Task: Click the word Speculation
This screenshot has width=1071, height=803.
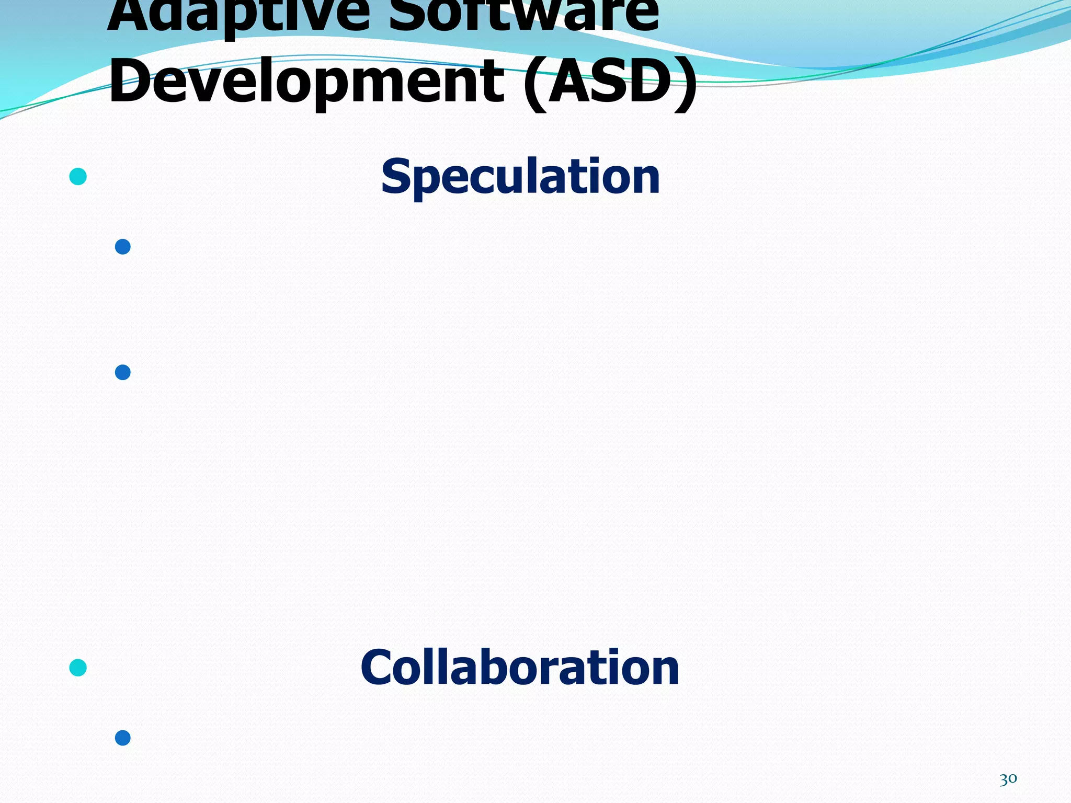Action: [x=520, y=177]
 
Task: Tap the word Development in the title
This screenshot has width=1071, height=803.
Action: [x=306, y=81]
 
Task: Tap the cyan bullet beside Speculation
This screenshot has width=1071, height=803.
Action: [x=78, y=177]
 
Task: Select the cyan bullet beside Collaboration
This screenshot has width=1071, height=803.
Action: [x=78, y=668]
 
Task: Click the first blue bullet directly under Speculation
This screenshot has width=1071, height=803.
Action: [x=122, y=247]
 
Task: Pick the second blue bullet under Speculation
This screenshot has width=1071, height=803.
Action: [x=122, y=372]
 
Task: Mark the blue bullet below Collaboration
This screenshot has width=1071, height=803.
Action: [x=122, y=738]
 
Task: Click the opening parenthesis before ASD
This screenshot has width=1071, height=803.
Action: [x=534, y=82]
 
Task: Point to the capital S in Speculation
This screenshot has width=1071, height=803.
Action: [x=395, y=177]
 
